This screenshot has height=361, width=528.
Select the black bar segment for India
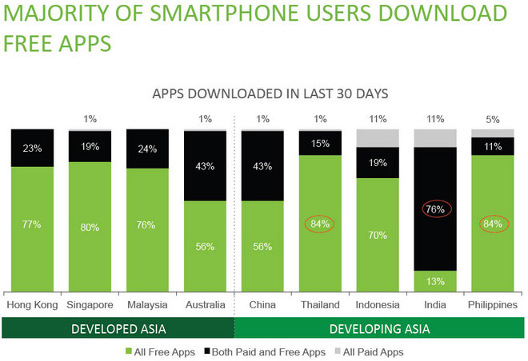435,208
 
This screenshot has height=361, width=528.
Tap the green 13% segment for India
435,280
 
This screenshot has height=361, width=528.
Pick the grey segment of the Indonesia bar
378,137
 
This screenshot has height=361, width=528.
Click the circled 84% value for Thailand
320,224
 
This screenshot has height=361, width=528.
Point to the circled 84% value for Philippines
493,224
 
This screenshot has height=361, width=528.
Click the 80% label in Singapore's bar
90,228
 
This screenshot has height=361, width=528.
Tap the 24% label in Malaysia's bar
147,148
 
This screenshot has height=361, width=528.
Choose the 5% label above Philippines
493,119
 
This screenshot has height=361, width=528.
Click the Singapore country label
90,305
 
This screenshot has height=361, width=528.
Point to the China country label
262,305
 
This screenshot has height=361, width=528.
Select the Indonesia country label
378,305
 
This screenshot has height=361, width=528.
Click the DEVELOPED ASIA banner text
118,328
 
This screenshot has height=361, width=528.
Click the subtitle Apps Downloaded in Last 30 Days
270,94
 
